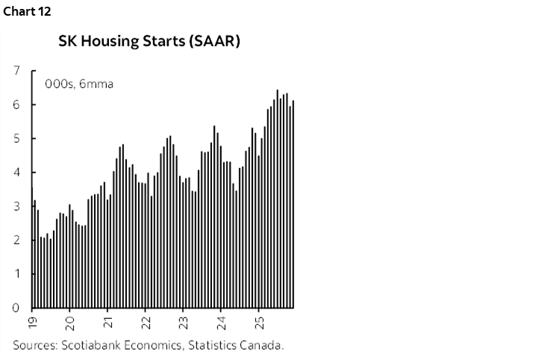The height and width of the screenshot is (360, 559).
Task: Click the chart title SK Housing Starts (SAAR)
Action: (x=149, y=42)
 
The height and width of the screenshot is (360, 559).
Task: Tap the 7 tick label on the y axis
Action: (x=16, y=71)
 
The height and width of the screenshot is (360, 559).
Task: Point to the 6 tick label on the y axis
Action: (x=16, y=105)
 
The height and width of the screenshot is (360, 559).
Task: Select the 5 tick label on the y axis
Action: (x=16, y=139)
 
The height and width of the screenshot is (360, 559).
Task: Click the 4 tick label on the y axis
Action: (x=16, y=173)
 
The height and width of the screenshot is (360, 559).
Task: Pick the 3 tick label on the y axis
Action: (x=16, y=206)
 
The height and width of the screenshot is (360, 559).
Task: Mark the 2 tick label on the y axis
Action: (x=16, y=240)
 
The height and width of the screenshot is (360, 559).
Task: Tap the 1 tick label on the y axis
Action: (x=16, y=273)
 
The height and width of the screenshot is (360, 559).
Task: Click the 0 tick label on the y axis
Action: (x=16, y=307)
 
